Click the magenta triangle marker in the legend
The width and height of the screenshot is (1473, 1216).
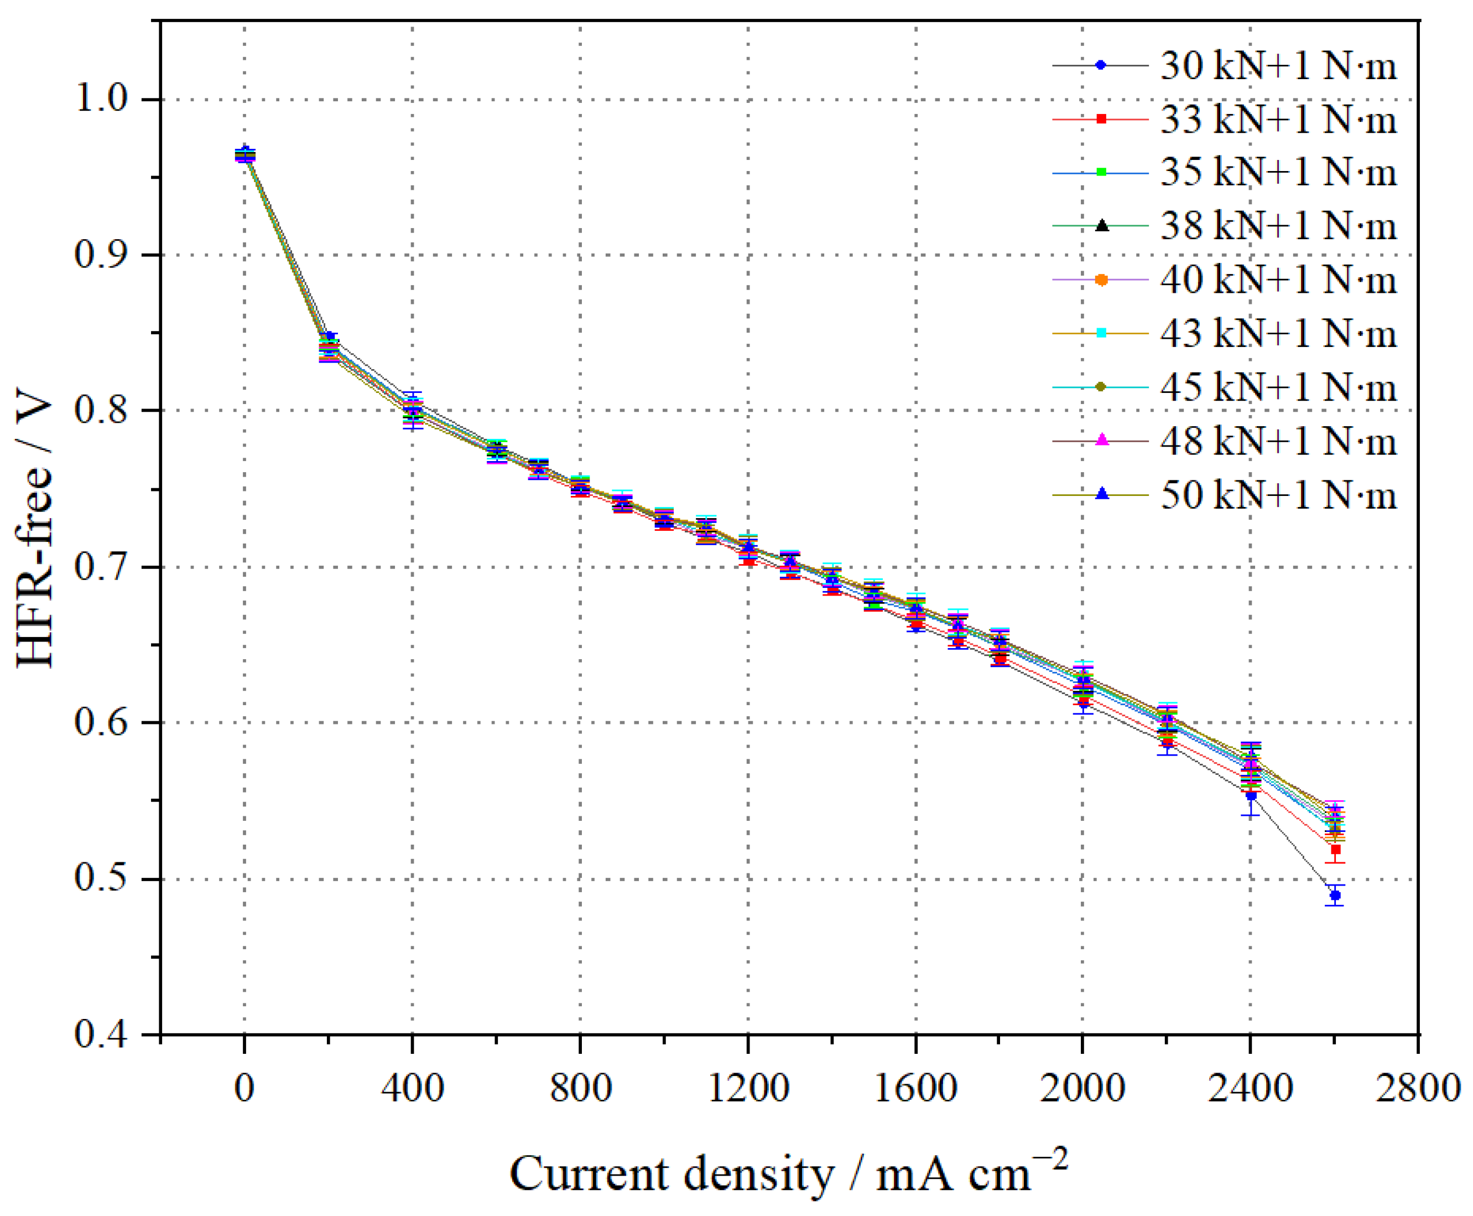pyautogui.click(x=1102, y=440)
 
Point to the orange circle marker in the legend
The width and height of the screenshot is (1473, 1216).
pyautogui.click(x=1101, y=280)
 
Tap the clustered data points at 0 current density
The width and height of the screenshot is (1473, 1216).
pyautogui.click(x=244, y=155)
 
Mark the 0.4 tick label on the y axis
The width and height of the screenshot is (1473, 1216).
pyautogui.click(x=105, y=1035)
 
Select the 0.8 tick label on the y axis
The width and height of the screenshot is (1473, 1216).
pyautogui.click(x=105, y=411)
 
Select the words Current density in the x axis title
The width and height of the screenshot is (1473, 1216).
pyautogui.click(x=672, y=1174)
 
